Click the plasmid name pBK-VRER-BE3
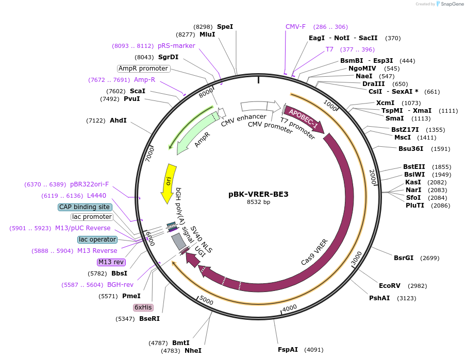pyautogui.click(x=258, y=194)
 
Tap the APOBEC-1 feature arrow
pyautogui.click(x=304, y=118)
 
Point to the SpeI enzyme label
pyautogui.click(x=225, y=26)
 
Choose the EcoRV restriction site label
pyautogui.click(x=389, y=285)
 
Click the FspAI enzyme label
pyautogui.click(x=288, y=349)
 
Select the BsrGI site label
pyautogui.click(x=404, y=258)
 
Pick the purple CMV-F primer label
pyautogui.click(x=295, y=27)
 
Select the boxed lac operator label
pyautogui.click(x=97, y=239)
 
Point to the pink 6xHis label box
pyautogui.click(x=143, y=307)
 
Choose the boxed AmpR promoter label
pyautogui.click(x=143, y=68)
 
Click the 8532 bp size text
pyautogui.click(x=258, y=202)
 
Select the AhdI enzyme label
pyautogui.click(x=118, y=121)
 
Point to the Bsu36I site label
pyautogui.click(x=410, y=149)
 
